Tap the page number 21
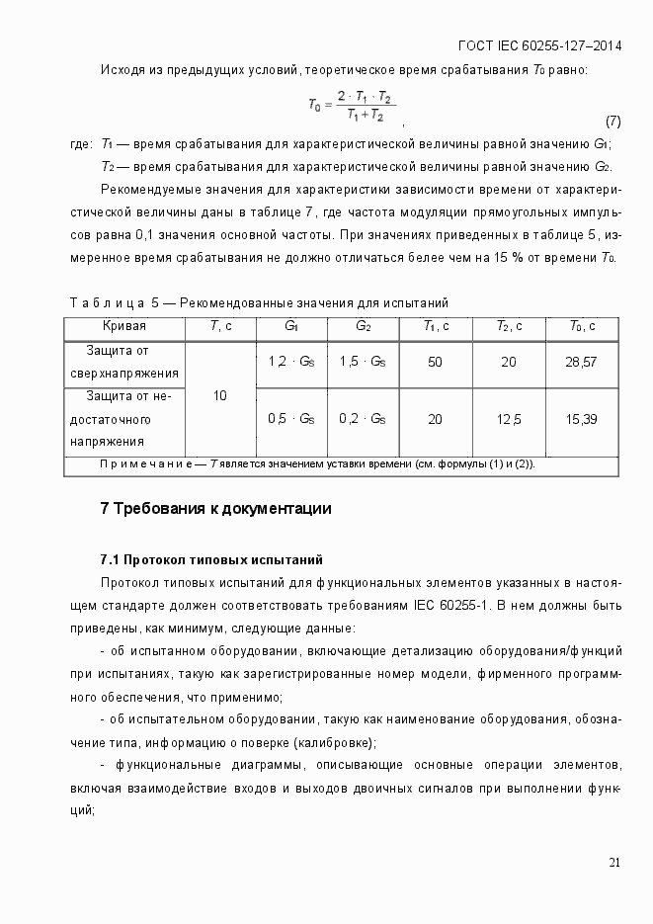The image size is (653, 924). pyautogui.click(x=614, y=863)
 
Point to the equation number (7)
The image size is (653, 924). pyautogui.click(x=612, y=122)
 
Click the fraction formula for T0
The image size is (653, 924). pyautogui.click(x=350, y=106)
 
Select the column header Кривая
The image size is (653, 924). pyautogui.click(x=124, y=327)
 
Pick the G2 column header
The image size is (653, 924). pyautogui.click(x=363, y=327)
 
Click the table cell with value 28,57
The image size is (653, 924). pyautogui.click(x=581, y=363)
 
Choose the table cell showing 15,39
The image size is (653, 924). pyautogui.click(x=581, y=420)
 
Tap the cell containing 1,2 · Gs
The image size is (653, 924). pyautogui.click(x=291, y=363)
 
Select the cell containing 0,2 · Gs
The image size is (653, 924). pyautogui.click(x=363, y=420)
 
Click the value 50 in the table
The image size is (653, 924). pyautogui.click(x=435, y=363)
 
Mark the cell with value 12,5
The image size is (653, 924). pyautogui.click(x=509, y=420)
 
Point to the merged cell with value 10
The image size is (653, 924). pyautogui.click(x=220, y=396)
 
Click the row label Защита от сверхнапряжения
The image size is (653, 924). pyautogui.click(x=124, y=363)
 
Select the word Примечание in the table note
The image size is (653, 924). pyautogui.click(x=147, y=463)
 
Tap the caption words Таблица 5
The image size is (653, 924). pyautogui.click(x=116, y=302)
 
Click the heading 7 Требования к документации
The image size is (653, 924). pyautogui.click(x=215, y=509)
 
